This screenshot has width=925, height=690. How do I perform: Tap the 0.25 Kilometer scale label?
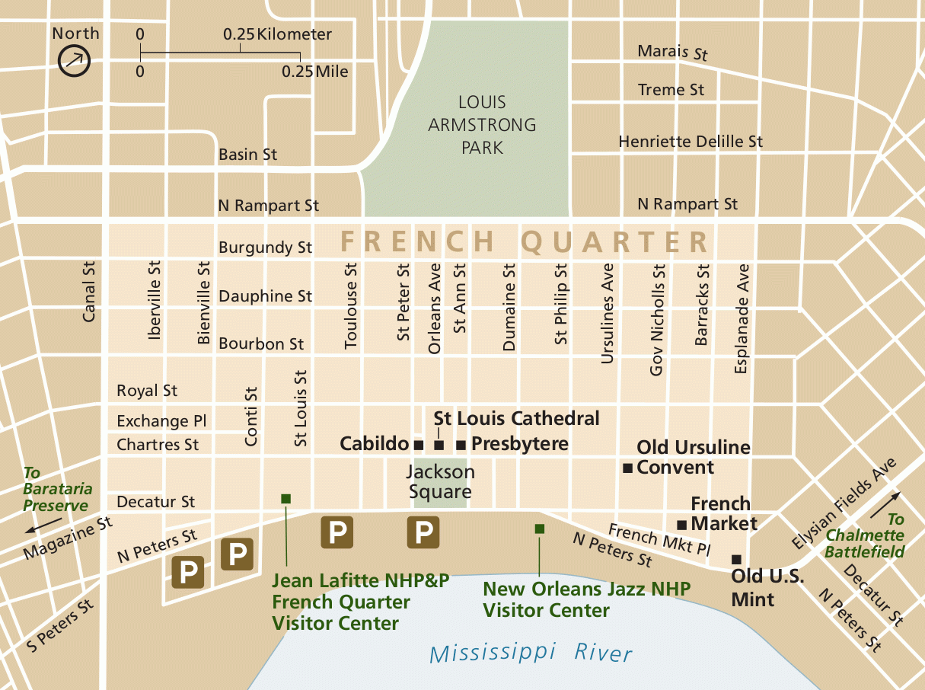click(277, 34)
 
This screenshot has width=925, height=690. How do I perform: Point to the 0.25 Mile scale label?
click(314, 72)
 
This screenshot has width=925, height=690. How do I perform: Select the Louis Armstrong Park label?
click(482, 124)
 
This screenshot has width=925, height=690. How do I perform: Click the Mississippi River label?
click(530, 653)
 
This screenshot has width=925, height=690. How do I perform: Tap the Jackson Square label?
click(440, 481)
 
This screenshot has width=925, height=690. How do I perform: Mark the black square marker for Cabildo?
click(417, 444)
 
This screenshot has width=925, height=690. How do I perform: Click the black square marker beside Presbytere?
click(461, 444)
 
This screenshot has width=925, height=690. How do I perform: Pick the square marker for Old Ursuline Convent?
click(627, 468)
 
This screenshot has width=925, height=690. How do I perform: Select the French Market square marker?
click(681, 524)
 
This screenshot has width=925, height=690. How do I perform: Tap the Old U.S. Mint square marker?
click(735, 559)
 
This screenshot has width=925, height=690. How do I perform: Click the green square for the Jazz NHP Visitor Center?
click(539, 529)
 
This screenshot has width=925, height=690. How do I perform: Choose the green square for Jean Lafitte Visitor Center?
click(285, 498)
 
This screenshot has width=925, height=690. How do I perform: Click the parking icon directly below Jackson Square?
click(423, 532)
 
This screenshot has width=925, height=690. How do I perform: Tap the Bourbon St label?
click(261, 344)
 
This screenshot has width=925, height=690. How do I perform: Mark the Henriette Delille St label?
click(690, 142)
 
